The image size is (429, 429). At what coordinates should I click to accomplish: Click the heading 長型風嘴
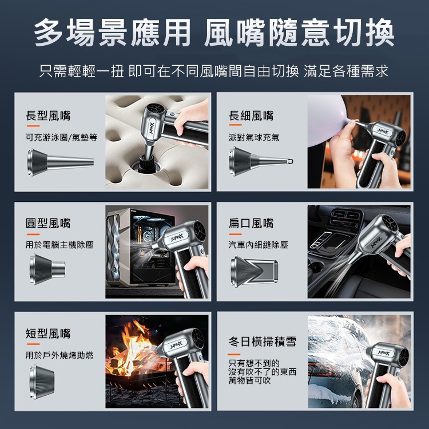pos(48,116)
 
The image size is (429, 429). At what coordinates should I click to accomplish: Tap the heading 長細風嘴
pos(251,116)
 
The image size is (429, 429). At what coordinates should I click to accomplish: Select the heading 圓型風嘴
pos(48,223)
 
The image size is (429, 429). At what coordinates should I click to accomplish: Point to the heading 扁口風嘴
pos(251,223)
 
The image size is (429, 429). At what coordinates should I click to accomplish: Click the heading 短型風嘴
pos(48,333)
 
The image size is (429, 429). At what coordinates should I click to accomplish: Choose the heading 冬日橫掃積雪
pos(263,341)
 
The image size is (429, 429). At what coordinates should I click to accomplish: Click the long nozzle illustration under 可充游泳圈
pos(60,162)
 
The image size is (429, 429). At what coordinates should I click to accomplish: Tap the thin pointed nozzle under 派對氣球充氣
pos(261,161)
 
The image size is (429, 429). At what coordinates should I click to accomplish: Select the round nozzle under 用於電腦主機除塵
pos(47,269)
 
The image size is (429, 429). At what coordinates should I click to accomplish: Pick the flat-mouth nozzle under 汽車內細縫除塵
pos(254,271)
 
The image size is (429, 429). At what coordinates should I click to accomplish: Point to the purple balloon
pos(328,120)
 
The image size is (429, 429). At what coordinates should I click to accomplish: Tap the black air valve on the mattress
pos(146,164)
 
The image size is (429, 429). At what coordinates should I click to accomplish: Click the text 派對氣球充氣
pos(254,137)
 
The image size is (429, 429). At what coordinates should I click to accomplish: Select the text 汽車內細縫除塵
pos(259,245)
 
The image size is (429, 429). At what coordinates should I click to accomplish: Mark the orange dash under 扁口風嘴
pos(235,234)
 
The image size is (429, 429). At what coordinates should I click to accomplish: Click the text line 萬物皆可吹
pos(249,380)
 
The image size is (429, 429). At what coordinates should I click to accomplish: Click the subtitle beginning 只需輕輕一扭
pos(214,71)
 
